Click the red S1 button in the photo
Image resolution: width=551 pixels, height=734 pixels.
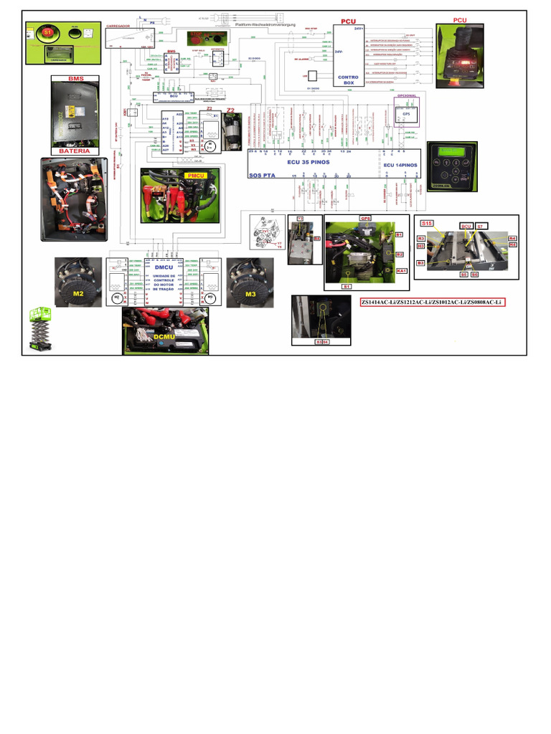[x=48, y=33]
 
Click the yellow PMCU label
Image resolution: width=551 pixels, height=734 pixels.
[x=195, y=175]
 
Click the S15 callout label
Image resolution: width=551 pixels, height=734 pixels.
[x=427, y=224]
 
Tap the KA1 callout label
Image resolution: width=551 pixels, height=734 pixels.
[x=402, y=270]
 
